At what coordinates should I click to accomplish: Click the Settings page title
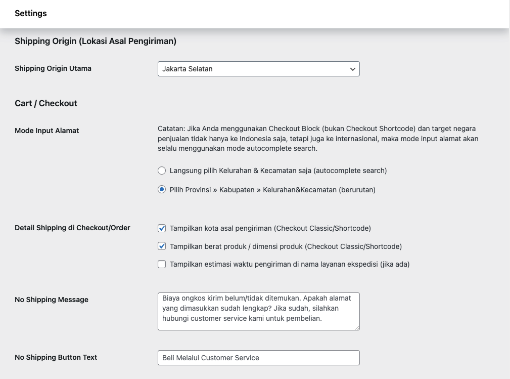(30, 14)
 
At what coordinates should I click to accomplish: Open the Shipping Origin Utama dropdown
(258, 69)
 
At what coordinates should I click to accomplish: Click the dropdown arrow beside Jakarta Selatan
(353, 69)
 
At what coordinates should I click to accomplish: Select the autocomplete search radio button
(162, 171)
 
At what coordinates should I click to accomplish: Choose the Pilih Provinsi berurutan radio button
(162, 190)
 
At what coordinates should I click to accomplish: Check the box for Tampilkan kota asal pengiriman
(162, 228)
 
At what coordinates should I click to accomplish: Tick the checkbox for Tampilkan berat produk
(162, 246)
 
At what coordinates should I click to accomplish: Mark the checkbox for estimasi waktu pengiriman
(162, 264)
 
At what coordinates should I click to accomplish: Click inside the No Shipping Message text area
(258, 311)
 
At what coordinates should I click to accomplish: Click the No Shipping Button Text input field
(258, 358)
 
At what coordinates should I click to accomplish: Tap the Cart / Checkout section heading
(46, 103)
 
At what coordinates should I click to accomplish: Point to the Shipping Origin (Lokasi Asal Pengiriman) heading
(96, 41)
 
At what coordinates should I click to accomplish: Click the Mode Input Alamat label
(47, 131)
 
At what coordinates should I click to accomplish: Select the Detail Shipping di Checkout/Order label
(72, 228)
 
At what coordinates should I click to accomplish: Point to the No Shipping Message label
(52, 300)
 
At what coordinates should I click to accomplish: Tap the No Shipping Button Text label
(56, 357)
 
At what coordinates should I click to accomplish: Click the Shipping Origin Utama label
(53, 68)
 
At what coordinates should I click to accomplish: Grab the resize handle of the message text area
(357, 327)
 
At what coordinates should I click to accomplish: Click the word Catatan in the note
(171, 129)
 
